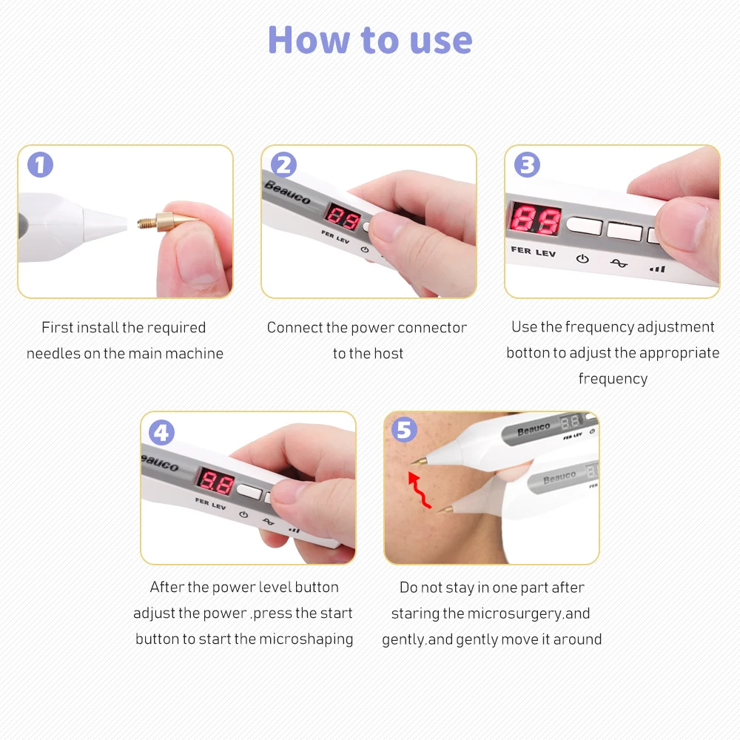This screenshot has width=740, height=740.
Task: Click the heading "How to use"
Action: click(x=370, y=40)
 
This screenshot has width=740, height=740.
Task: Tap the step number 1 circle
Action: click(x=40, y=165)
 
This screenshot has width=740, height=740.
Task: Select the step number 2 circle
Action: click(x=283, y=165)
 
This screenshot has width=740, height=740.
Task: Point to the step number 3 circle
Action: click(x=527, y=165)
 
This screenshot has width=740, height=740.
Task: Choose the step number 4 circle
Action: click(x=161, y=432)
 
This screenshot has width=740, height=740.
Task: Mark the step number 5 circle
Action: click(x=405, y=429)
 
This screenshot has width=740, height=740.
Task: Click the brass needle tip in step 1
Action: click(x=168, y=221)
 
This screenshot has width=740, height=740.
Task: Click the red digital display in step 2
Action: click(x=343, y=218)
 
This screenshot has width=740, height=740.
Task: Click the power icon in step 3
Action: click(x=582, y=258)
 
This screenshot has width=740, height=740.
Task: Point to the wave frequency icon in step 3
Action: click(x=619, y=263)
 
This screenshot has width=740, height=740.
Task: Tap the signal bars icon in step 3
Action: click(x=657, y=269)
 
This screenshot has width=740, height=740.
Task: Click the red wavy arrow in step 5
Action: click(x=419, y=490)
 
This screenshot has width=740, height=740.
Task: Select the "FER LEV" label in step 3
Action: click(x=534, y=252)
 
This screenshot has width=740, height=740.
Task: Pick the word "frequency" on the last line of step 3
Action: click(x=613, y=379)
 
